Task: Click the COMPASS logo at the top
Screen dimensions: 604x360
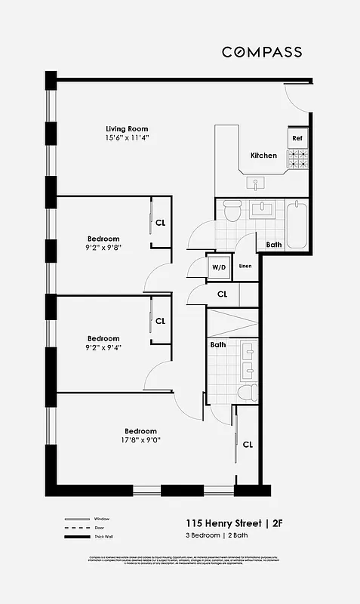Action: coord(261,52)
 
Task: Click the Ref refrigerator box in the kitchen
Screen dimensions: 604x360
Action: coord(297,138)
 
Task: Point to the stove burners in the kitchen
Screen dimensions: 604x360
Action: coord(297,159)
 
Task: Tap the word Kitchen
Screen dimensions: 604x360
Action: coord(263,156)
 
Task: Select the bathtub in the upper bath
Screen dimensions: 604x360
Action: coord(297,224)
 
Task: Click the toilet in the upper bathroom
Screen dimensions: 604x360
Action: coord(232,211)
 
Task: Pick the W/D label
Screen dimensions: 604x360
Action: coord(219,267)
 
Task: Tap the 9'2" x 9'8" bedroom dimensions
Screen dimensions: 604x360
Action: coord(103,247)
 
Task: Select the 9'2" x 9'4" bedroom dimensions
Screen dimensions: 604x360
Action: coord(103,348)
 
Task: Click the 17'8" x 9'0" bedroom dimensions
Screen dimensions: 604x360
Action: coord(140,441)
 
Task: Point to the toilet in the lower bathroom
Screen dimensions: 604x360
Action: coord(245,392)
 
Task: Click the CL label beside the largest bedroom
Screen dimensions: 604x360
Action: coord(248,445)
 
